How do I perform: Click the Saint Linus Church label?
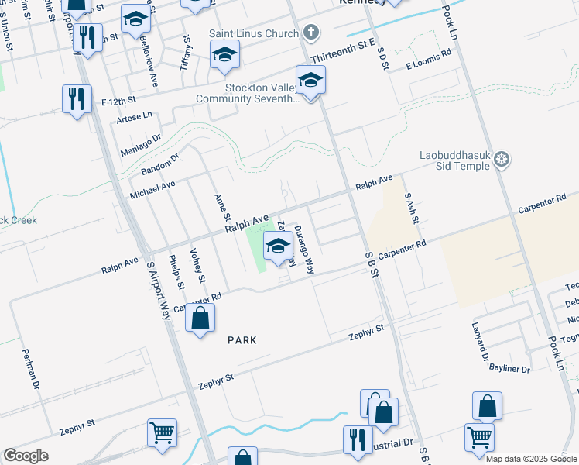pyautogui.click(x=253, y=33)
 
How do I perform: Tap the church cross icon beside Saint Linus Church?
pyautogui.click(x=311, y=33)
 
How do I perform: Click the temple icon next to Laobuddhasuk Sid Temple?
pyautogui.click(x=502, y=160)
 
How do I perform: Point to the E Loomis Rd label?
pyautogui.click(x=428, y=55)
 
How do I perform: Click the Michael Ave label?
pyautogui.click(x=152, y=188)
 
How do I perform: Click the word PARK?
pyautogui.click(x=242, y=340)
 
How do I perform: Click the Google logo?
pyautogui.click(x=26, y=456)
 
